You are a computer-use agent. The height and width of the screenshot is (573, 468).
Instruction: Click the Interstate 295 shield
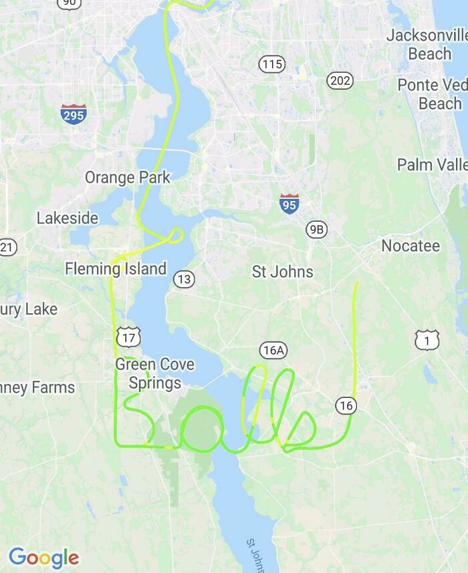[x=73, y=115]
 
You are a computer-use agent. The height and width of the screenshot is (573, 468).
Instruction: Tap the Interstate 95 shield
[x=289, y=203]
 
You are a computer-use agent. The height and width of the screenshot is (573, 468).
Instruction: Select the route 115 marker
[x=271, y=64]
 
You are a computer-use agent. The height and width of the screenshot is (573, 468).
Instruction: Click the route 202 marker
[x=340, y=81]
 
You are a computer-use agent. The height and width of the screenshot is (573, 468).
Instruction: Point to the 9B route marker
[x=316, y=229]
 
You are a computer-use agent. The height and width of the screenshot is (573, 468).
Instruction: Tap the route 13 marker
[x=185, y=279]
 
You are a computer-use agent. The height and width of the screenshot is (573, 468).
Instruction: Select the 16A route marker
[x=273, y=350]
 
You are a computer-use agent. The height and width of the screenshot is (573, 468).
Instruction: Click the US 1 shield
[x=427, y=340]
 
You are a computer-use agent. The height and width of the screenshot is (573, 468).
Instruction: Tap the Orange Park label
[x=127, y=178]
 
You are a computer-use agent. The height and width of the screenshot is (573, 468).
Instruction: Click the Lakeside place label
[x=67, y=218]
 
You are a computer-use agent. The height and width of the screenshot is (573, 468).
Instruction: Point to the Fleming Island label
[x=116, y=268]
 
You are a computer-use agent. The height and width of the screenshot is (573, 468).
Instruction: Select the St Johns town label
[x=282, y=271]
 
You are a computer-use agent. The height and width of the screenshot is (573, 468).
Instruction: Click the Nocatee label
[x=411, y=246]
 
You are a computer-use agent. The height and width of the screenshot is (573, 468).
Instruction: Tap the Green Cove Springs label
[x=155, y=373]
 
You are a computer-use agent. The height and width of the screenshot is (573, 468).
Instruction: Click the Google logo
[x=43, y=557]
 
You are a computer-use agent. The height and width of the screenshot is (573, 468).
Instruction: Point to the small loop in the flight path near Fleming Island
[x=176, y=234]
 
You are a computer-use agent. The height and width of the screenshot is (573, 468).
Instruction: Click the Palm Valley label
[x=432, y=164]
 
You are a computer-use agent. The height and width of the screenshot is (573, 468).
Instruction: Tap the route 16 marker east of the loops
[x=346, y=405]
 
